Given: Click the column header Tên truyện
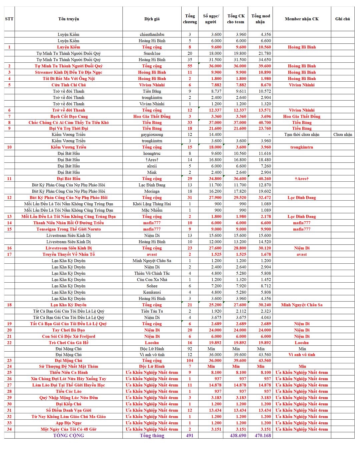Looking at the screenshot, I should (x=68, y=19).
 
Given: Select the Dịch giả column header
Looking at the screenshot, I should (x=152, y=19).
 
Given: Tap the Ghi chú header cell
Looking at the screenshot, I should (x=342, y=19).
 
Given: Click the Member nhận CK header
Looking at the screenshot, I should (x=302, y=19).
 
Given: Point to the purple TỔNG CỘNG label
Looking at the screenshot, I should (x=69, y=435).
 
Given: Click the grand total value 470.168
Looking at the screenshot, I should (x=263, y=435).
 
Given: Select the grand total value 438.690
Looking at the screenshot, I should (x=238, y=435).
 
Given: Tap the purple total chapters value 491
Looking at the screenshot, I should (x=190, y=435).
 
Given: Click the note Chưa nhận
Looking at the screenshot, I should (x=343, y=135).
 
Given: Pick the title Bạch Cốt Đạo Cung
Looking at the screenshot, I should (x=69, y=116).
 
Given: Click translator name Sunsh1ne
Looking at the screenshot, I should (x=152, y=53).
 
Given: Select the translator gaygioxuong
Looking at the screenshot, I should (x=152, y=135).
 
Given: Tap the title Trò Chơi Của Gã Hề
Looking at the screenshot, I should (x=69, y=343).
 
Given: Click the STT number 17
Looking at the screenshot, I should (x=9, y=254).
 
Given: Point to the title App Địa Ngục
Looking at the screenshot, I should (x=69, y=423).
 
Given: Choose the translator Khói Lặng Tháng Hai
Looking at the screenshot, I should (x=152, y=204).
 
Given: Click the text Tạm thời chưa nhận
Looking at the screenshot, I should (x=302, y=135).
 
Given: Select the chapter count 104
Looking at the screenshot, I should (x=190, y=360).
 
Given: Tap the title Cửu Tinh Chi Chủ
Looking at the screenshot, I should (x=69, y=85).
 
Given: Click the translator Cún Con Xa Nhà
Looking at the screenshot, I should (x=152, y=280).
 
